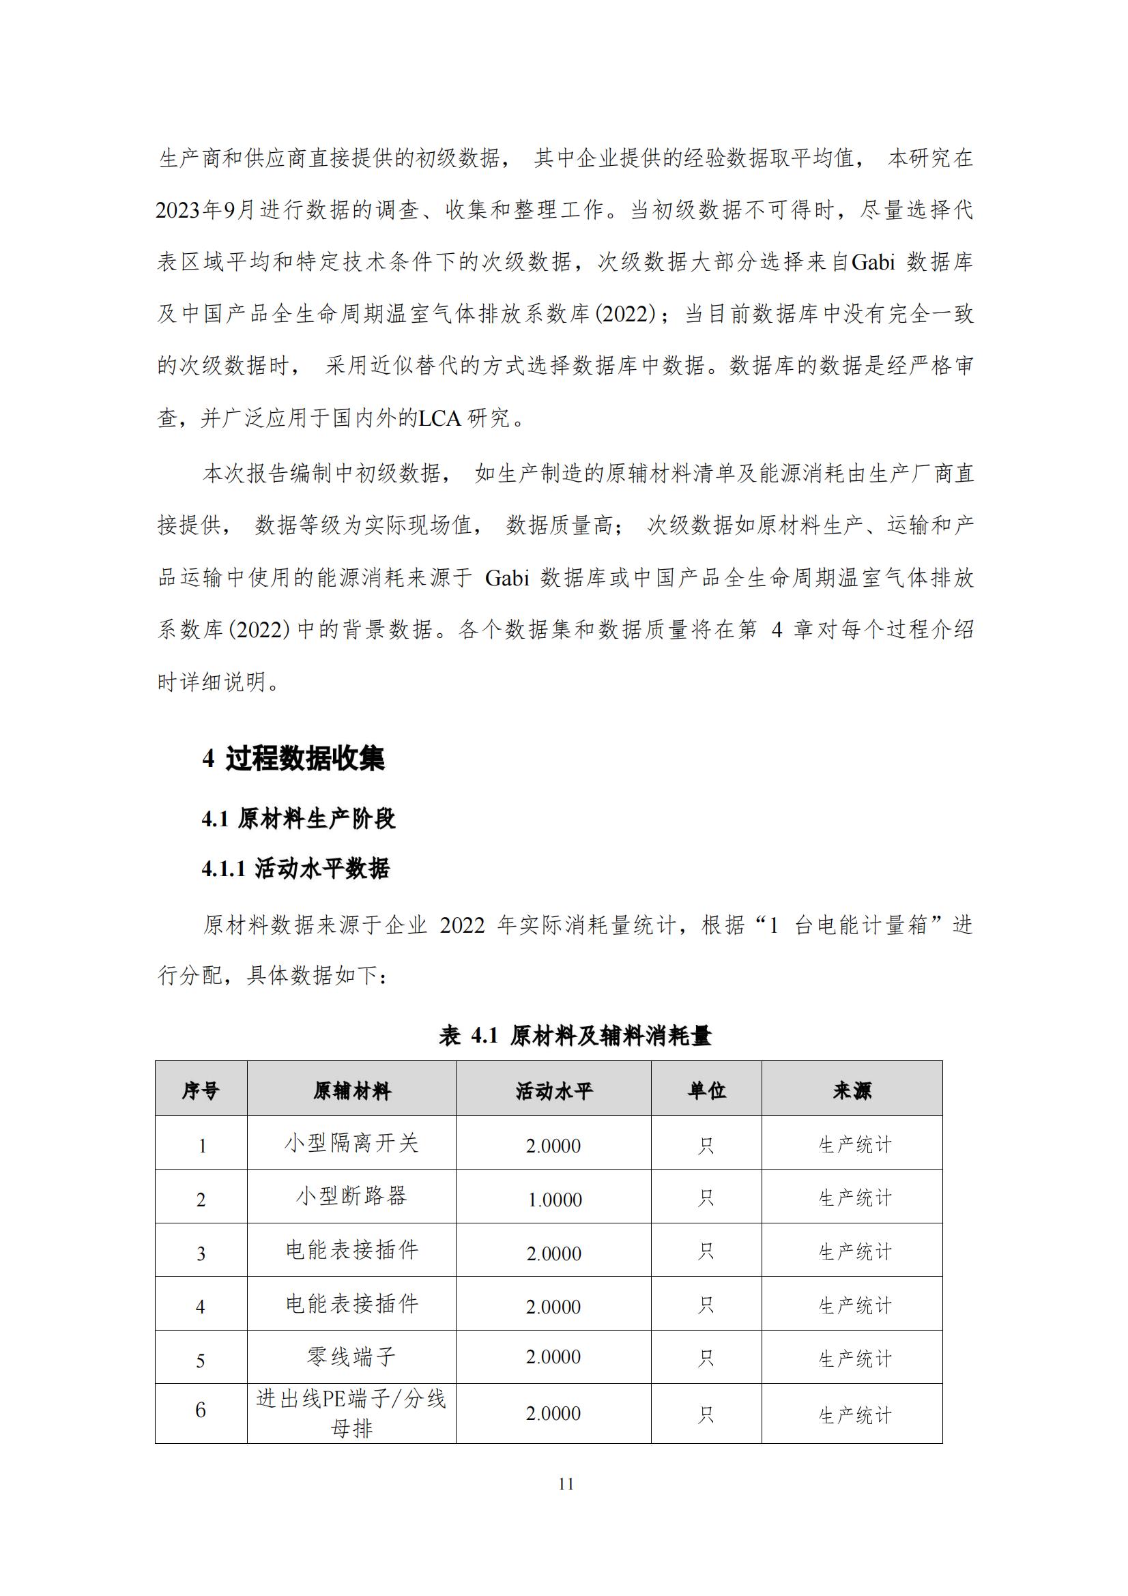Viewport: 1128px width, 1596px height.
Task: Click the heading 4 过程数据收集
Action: pyautogui.click(x=293, y=757)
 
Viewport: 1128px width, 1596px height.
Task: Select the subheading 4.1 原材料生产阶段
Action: pyautogui.click(x=299, y=818)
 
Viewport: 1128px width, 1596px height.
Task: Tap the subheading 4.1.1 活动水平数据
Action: pyautogui.click(x=296, y=868)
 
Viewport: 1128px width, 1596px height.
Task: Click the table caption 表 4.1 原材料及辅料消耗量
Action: pyautogui.click(x=575, y=1036)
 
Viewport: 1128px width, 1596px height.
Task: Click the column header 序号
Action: pyautogui.click(x=201, y=1090)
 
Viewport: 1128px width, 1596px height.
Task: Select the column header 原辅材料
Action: pyautogui.click(x=351, y=1090)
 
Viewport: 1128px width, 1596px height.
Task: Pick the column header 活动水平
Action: pyautogui.click(x=554, y=1090)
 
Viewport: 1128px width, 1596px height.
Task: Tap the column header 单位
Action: pyautogui.click(x=706, y=1090)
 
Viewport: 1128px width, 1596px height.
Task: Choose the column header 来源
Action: pyautogui.click(x=852, y=1090)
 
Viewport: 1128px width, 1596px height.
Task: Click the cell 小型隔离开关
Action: pyautogui.click(x=351, y=1144)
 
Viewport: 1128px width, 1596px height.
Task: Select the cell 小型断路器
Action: pyautogui.click(x=351, y=1197)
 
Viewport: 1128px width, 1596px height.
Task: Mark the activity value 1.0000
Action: pyautogui.click(x=555, y=1199)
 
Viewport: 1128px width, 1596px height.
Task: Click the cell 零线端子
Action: pyautogui.click(x=351, y=1356)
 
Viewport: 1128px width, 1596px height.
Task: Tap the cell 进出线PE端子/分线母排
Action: pyautogui.click(x=351, y=1413)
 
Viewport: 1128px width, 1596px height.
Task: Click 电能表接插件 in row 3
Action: pyautogui.click(x=351, y=1251)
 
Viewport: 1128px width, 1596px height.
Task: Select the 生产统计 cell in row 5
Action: pyautogui.click(x=855, y=1359)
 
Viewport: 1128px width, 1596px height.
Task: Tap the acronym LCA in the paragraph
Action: pyautogui.click(x=440, y=418)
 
